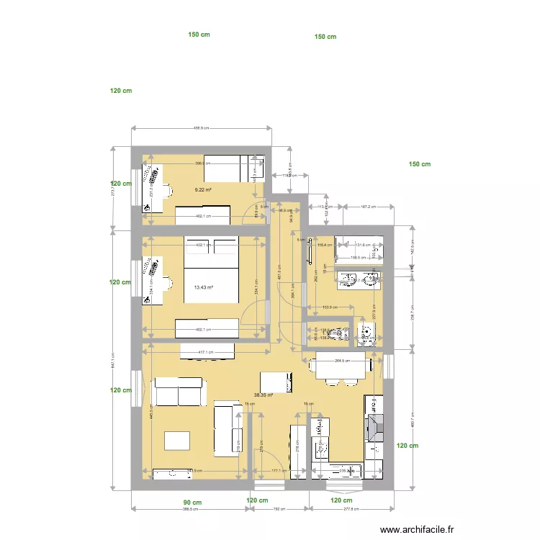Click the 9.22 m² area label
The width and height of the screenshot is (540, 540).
click(x=203, y=190)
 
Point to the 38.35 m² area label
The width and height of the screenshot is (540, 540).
click(x=264, y=395)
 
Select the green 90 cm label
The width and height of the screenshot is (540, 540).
click(x=192, y=502)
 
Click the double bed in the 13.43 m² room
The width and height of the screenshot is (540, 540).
click(x=212, y=278)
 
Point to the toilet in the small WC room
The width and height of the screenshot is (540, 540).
click(x=366, y=333)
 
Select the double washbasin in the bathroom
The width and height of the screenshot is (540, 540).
click(x=357, y=279)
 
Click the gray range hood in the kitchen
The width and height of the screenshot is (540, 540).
click(x=375, y=428)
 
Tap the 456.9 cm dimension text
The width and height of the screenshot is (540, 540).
click(x=201, y=128)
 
